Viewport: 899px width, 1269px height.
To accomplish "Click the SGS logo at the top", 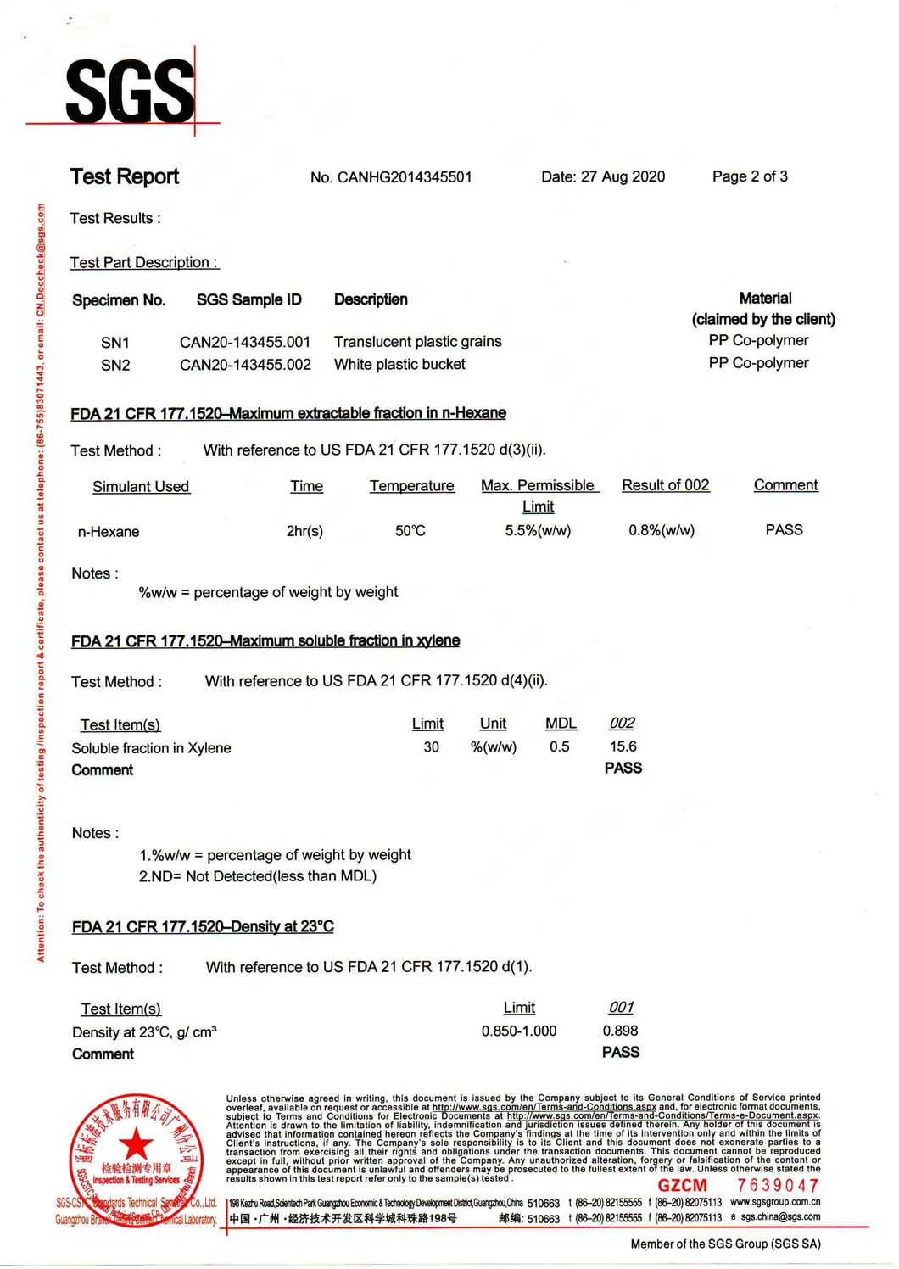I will coord(130,91).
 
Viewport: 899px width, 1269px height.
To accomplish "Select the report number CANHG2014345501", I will coord(404,177).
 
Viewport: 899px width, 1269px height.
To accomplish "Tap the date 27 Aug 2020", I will coord(623,176).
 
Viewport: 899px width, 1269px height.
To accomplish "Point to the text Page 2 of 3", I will coord(750,176).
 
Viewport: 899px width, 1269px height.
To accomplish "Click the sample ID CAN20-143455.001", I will coord(245,342).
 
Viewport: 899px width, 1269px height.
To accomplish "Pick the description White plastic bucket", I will coord(399,364).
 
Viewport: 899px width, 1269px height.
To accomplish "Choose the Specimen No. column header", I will coord(119,300).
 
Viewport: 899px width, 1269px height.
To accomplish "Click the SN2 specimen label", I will coord(115,366).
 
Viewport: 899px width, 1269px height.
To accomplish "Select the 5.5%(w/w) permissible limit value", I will coord(538,530).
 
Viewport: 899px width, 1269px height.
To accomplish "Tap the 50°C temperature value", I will coord(410,530).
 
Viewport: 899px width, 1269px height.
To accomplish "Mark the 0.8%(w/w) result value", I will coord(662,530).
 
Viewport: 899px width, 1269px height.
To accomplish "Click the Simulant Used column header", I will coord(141,487).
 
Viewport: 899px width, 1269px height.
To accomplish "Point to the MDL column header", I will coord(561,724).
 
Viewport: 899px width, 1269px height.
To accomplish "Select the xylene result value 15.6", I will coord(623,746).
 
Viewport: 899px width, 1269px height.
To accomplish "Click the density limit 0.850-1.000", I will coord(519,1031).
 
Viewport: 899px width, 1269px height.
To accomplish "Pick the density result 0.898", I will coord(621,1031).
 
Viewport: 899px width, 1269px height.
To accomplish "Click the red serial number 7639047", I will coord(778,1185).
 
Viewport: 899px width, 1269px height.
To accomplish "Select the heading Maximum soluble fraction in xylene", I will coord(265,641).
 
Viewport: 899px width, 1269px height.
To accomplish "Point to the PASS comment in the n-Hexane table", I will coord(784,530).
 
